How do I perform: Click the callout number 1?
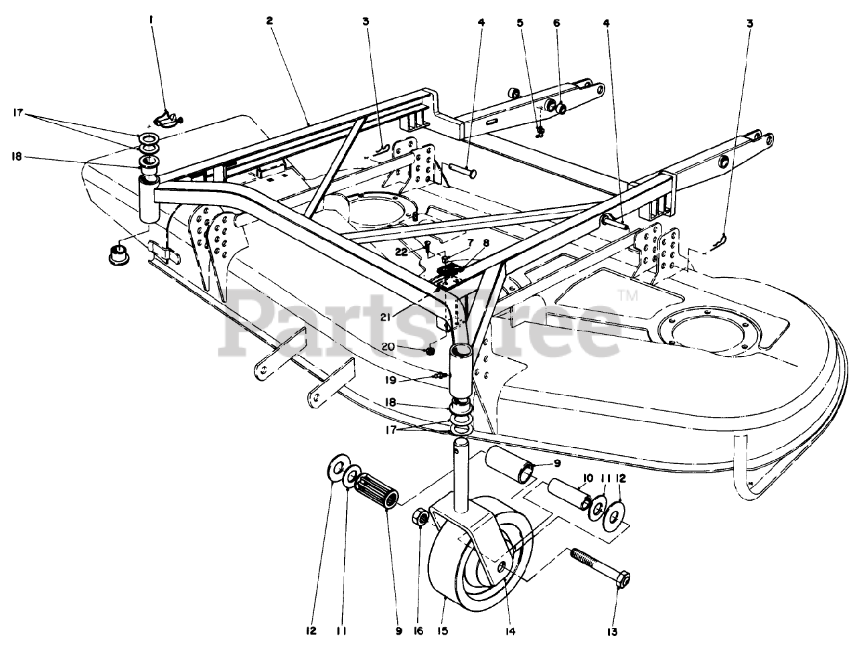(151, 21)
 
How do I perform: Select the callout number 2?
(269, 21)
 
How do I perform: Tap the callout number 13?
(612, 631)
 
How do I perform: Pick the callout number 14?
(512, 631)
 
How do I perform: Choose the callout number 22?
(401, 252)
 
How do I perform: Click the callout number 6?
(556, 22)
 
